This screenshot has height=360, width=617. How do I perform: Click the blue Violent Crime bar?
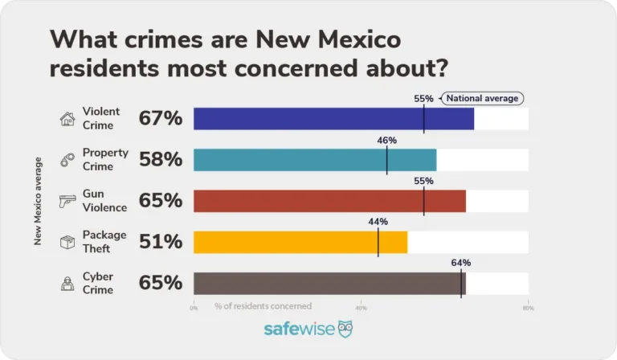[333, 119]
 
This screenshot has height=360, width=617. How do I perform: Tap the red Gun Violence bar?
[329, 201]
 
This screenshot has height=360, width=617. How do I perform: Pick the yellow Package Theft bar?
[300, 242]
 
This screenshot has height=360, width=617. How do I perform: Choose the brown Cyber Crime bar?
[329, 284]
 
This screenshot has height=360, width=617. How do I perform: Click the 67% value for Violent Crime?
[161, 119]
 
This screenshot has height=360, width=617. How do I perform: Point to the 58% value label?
[161, 160]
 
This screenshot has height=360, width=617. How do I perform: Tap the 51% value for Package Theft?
[161, 242]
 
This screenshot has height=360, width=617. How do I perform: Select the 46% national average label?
[387, 140]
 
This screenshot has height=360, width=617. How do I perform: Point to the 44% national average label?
[378, 222]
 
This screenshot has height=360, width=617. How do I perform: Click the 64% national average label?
[461, 263]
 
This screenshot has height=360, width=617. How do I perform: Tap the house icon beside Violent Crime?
[67, 119]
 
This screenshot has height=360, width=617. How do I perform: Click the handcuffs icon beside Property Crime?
[67, 161]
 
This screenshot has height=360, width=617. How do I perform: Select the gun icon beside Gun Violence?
[67, 202]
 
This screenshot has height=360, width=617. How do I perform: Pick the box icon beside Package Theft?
[67, 242]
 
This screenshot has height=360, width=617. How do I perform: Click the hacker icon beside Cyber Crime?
[67, 284]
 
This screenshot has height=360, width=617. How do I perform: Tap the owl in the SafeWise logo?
[345, 329]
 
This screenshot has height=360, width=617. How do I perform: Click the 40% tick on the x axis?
[361, 307]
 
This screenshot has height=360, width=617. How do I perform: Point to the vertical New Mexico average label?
[38, 201]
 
